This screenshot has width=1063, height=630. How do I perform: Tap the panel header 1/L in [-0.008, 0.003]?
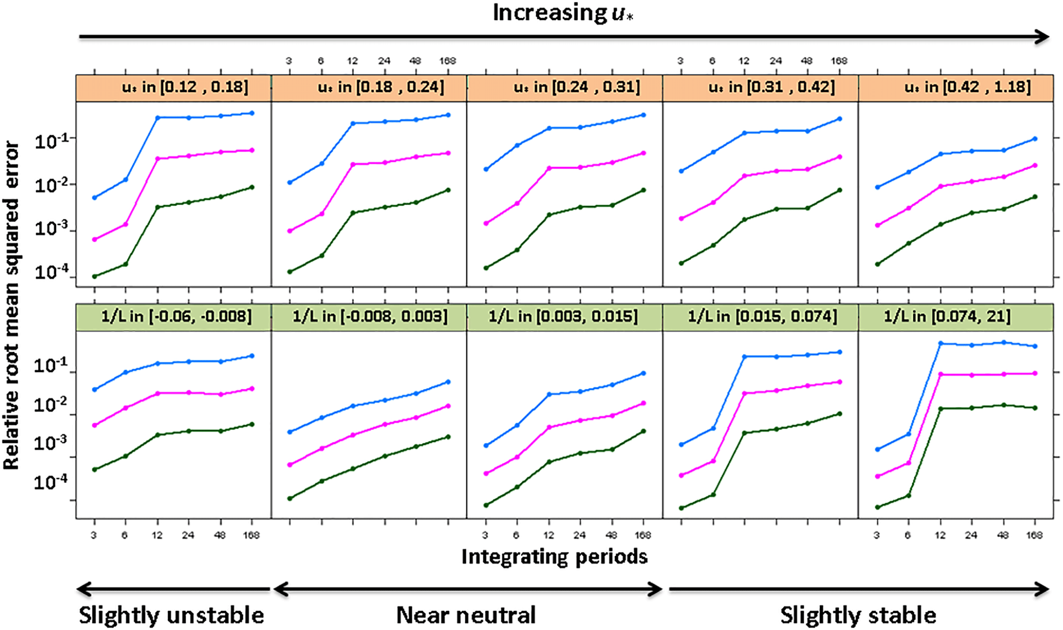(369, 316)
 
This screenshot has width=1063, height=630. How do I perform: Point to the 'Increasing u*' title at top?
(563, 13)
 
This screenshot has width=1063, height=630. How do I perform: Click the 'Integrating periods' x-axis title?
(554, 556)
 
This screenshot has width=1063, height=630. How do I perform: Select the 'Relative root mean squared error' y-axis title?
(11, 306)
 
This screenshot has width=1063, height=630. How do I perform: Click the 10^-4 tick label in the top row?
(51, 272)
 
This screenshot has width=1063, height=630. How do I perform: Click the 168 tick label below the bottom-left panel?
(251, 535)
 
